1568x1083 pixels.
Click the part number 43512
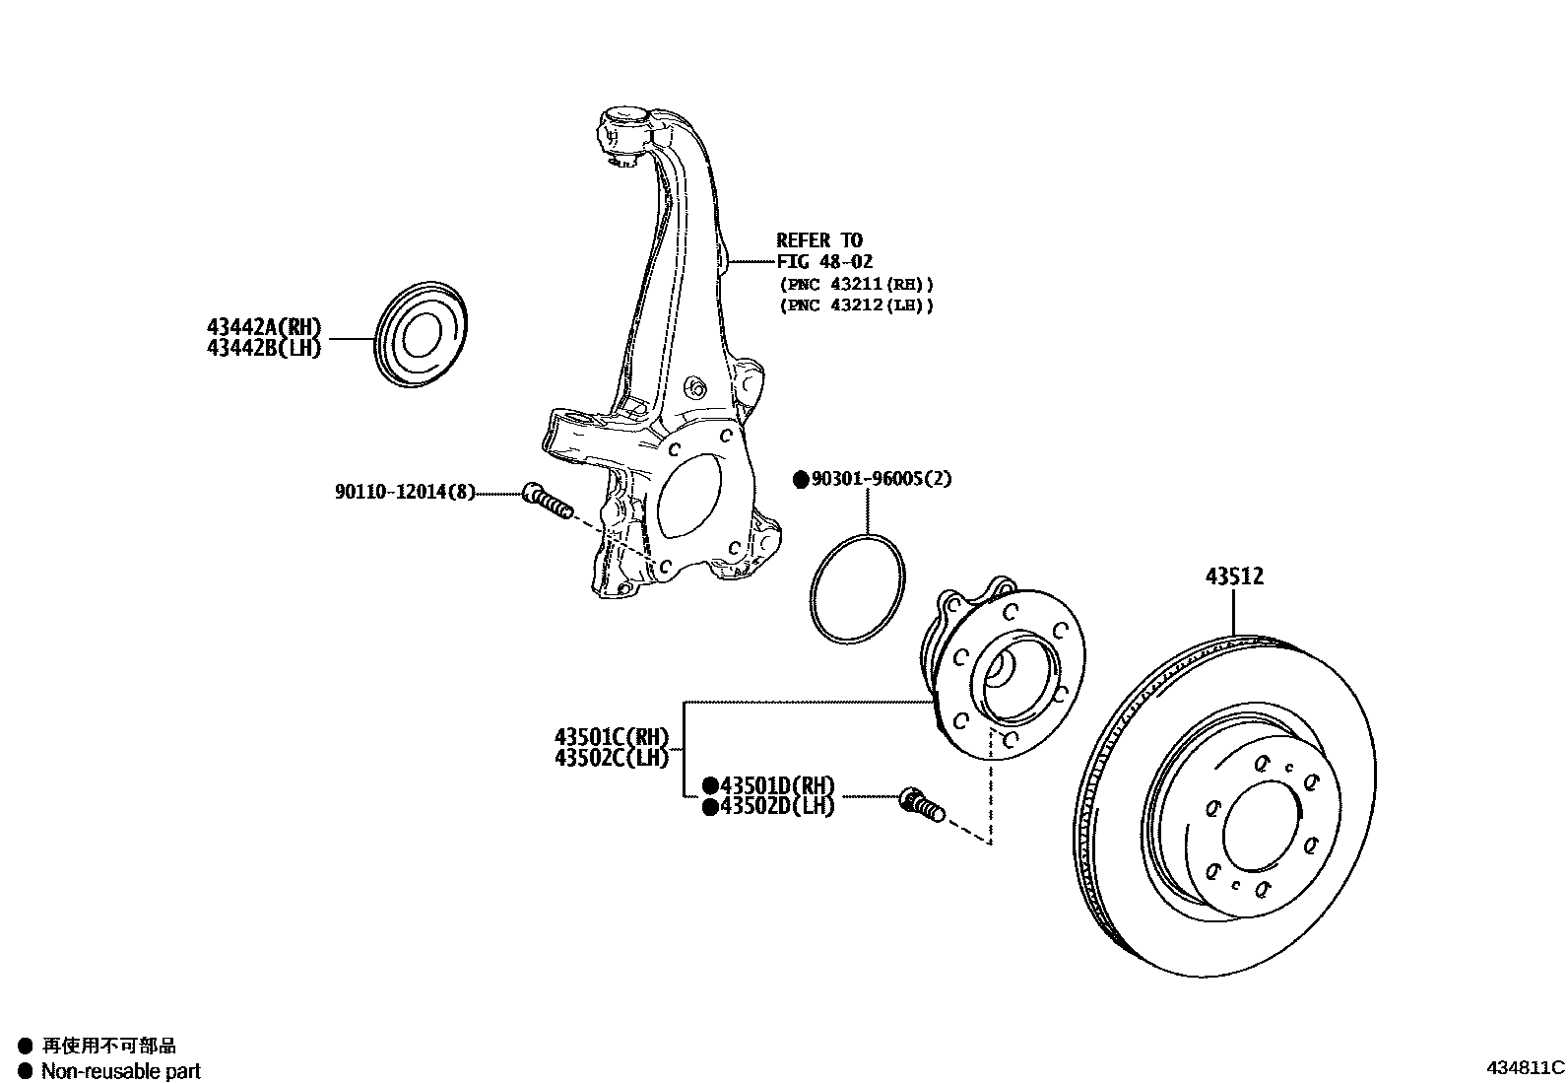[x=1234, y=576]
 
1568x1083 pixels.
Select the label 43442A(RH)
[x=264, y=328]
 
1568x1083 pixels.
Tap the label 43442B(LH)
[x=264, y=348]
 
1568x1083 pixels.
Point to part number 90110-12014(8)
[x=405, y=492]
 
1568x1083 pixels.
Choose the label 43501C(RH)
[x=611, y=737]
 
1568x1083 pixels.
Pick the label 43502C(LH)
[x=611, y=758]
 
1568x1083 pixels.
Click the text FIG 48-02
[x=824, y=262]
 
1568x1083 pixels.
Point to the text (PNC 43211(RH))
[x=856, y=284]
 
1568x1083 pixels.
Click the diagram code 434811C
[x=1525, y=1068]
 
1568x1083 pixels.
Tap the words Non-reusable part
[x=120, y=1071]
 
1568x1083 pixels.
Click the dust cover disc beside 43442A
[x=423, y=335]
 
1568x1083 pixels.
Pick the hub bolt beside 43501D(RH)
[x=921, y=805]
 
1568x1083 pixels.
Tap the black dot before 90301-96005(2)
[x=801, y=480]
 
